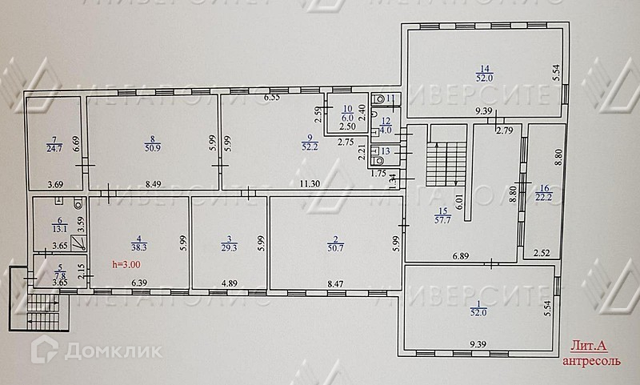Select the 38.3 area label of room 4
(141, 249)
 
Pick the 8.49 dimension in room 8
(152, 184)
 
